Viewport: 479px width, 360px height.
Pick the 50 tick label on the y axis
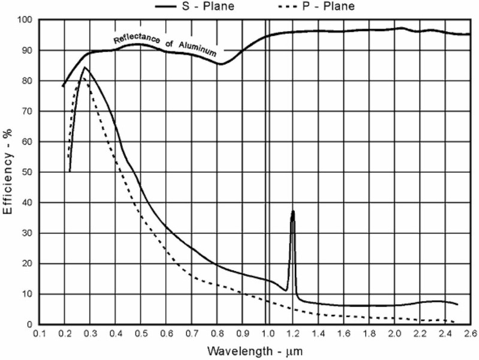[x=26, y=172]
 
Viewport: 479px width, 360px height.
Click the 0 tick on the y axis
[x=29, y=325]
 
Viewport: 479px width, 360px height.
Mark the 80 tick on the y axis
[x=26, y=81]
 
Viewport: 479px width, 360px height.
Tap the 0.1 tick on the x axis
[x=39, y=332]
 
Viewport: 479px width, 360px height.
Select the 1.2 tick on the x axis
[x=293, y=332]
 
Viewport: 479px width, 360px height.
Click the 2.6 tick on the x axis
[x=469, y=332]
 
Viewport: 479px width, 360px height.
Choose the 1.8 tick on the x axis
[x=369, y=332]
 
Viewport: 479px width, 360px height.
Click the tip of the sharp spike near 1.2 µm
[x=293, y=211]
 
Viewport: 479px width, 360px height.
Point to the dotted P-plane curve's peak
[x=83, y=79]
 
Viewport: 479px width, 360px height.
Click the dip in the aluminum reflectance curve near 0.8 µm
[x=221, y=64]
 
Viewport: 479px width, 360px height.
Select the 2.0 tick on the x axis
[x=394, y=332]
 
